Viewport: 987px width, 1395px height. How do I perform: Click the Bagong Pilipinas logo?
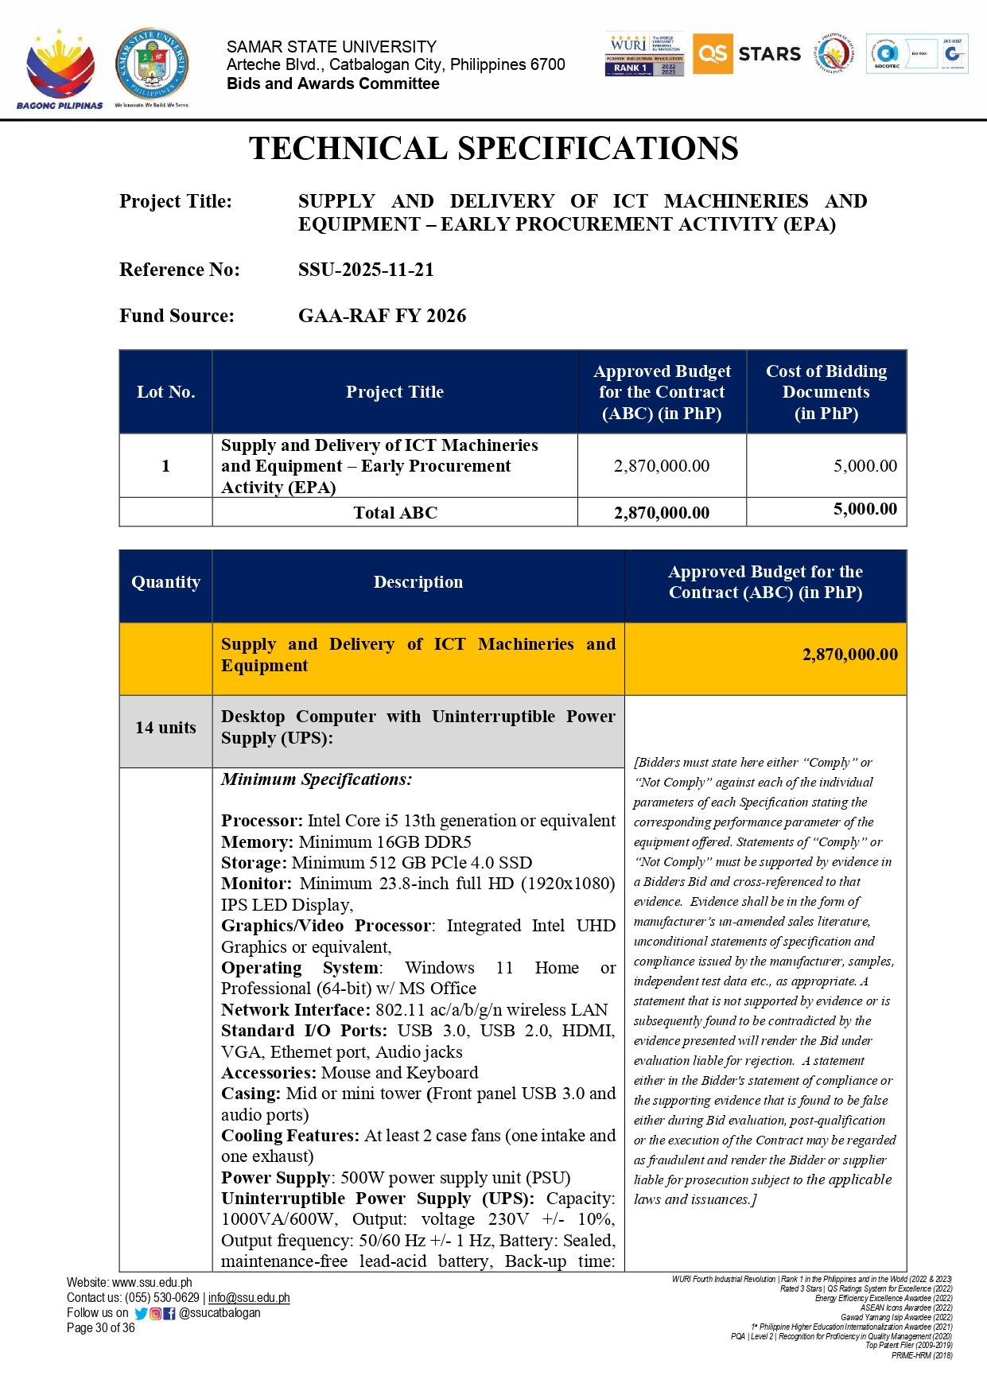[x=60, y=69]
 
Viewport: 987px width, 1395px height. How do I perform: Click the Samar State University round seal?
[x=152, y=66]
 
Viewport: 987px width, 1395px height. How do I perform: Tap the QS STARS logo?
[x=748, y=53]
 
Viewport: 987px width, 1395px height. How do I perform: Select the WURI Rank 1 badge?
[x=644, y=54]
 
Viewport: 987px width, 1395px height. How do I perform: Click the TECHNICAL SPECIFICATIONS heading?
[x=493, y=149]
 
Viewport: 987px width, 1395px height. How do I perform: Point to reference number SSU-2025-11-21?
[x=366, y=270]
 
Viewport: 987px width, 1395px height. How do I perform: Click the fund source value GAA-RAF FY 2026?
[x=382, y=316]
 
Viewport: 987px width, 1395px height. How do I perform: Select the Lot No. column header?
[x=165, y=392]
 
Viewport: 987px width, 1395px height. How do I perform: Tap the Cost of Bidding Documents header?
[x=826, y=392]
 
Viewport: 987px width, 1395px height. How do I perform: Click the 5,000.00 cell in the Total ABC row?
[x=865, y=509]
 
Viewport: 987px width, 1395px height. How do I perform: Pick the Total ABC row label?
[x=395, y=513]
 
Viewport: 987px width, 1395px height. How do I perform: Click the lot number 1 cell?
[x=165, y=466]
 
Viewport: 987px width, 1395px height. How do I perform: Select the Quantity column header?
[x=165, y=582]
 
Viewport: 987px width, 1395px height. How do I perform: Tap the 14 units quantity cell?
[x=165, y=728]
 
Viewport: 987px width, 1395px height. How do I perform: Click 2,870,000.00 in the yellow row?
[x=849, y=655]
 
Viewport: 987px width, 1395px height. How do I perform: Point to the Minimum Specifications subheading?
[x=317, y=779]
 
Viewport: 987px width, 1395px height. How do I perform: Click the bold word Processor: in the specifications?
[x=262, y=821]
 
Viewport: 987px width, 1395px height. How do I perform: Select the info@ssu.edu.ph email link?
[x=249, y=1297]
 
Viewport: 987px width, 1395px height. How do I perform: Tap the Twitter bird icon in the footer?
[x=141, y=1313]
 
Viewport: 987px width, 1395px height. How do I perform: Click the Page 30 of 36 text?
[x=101, y=1327]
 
